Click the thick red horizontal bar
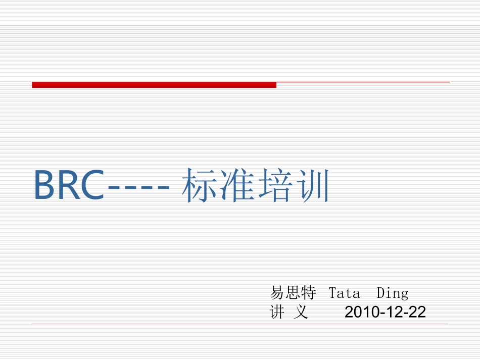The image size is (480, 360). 154,85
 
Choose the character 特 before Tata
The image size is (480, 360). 309,293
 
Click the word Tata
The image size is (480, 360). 344,293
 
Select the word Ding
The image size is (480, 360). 393,293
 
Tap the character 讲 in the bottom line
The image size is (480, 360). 277,313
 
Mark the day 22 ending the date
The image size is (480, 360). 417,313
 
